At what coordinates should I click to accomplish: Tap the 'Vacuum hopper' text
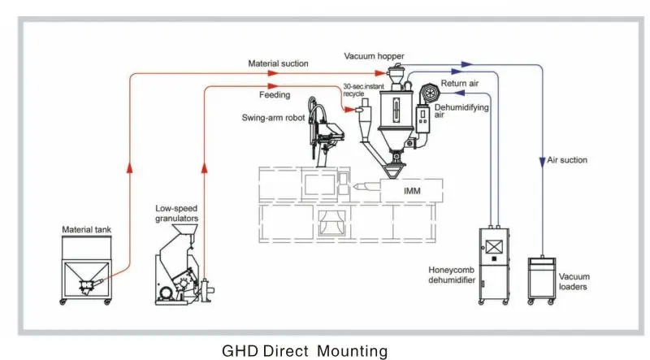point(374,56)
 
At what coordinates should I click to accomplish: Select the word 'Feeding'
point(275,95)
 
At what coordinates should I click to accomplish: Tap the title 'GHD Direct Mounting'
point(305,351)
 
